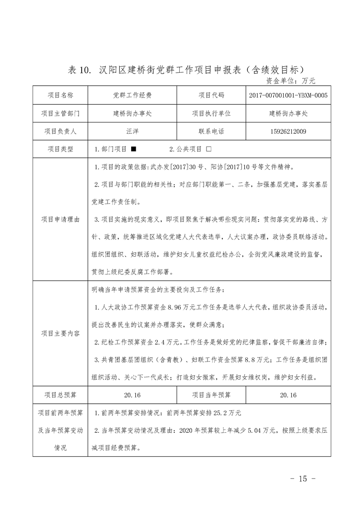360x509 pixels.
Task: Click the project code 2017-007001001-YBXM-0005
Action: click(x=288, y=95)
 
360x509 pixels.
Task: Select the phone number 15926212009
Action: click(x=288, y=132)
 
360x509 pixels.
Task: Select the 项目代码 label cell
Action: click(x=211, y=95)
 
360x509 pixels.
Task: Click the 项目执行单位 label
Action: click(x=211, y=113)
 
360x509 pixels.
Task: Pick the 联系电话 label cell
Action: click(x=211, y=132)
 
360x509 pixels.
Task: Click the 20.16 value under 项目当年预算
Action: click(x=288, y=395)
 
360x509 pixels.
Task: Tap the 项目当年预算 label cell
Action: click(x=211, y=395)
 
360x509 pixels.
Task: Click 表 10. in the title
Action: click(x=80, y=70)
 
